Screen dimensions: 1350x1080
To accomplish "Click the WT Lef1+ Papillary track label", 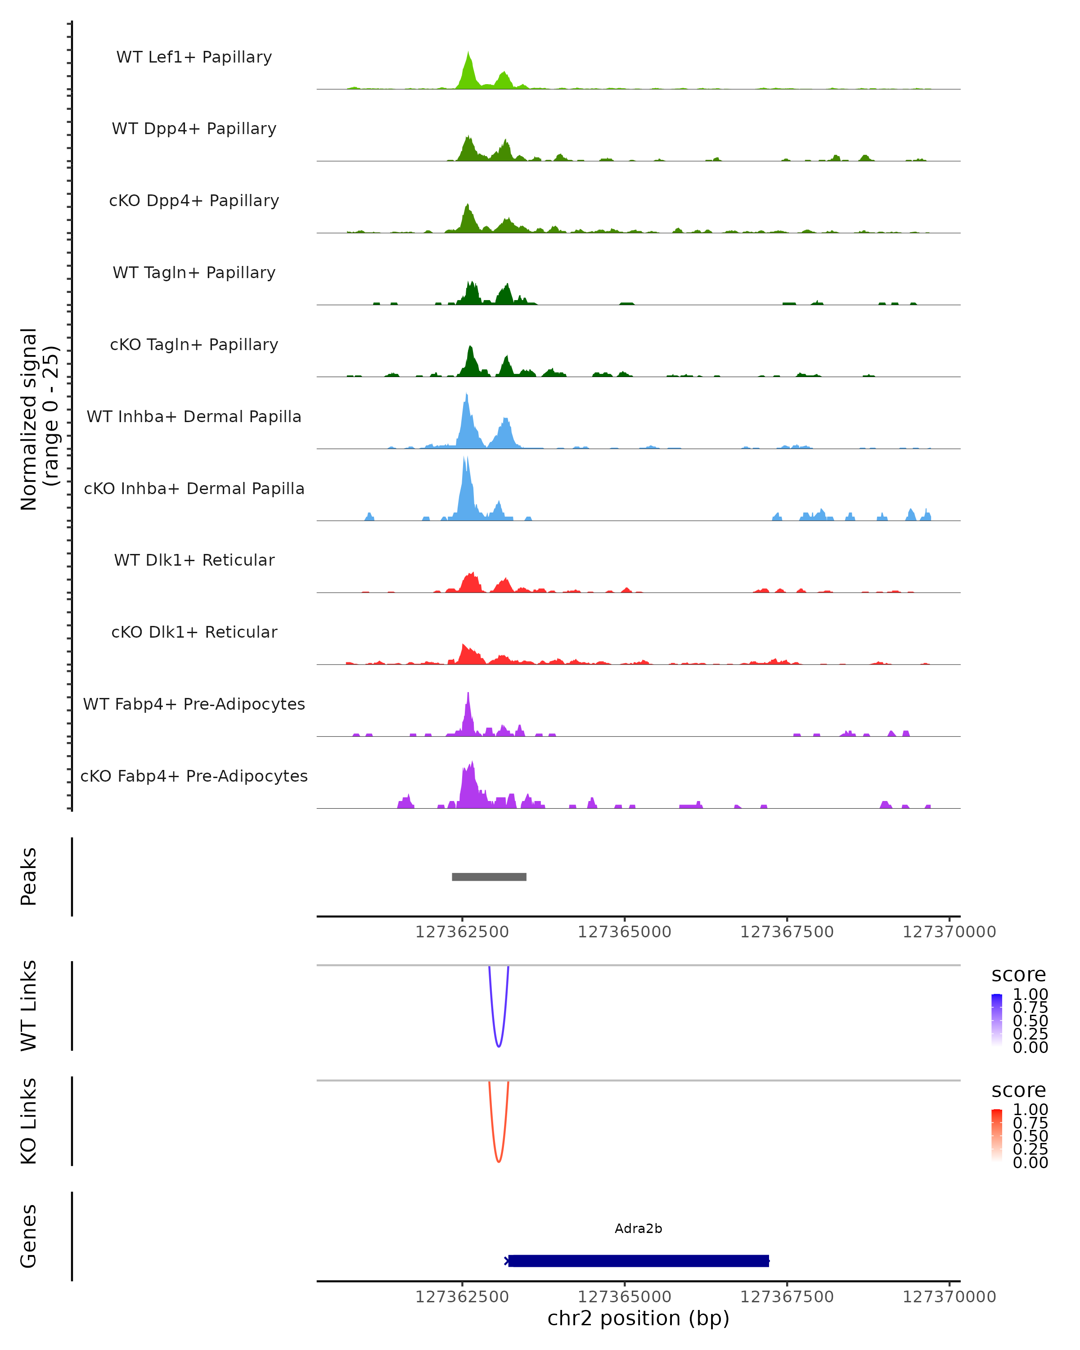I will pos(194,57).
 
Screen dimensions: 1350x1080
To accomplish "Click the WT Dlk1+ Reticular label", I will pos(194,560).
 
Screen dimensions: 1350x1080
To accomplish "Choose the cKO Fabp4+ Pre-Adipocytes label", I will pos(194,776).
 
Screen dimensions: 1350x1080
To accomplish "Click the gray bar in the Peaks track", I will pos(489,877).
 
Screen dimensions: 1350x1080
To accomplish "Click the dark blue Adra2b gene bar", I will pos(638,1261).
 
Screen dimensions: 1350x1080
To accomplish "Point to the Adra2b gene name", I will pos(638,1228).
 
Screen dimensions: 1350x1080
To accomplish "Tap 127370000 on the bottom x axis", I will pos(949,1297).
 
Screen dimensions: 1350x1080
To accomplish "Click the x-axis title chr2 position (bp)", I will pos(638,1318).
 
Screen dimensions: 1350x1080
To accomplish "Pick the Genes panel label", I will pos(29,1236).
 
